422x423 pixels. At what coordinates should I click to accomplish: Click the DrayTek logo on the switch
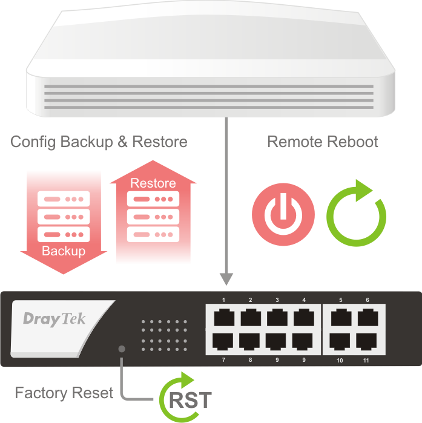pos(54,319)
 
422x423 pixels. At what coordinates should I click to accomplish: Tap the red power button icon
pos(283,214)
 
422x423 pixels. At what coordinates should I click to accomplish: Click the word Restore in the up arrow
pos(153,183)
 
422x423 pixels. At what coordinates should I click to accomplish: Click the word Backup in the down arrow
pos(63,251)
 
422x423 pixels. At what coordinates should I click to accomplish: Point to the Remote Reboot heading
pos(323,142)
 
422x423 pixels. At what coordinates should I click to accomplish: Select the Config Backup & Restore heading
pos(99,142)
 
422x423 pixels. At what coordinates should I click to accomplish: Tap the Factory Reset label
pos(64,393)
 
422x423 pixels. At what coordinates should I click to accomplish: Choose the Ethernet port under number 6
pos(367,317)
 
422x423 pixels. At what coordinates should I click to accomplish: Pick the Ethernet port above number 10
pos(340,342)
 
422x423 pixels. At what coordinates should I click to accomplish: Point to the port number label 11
pos(366,361)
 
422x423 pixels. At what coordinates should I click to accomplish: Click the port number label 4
pos(304,300)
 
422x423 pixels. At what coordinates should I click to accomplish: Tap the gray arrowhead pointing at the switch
pos(226,279)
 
